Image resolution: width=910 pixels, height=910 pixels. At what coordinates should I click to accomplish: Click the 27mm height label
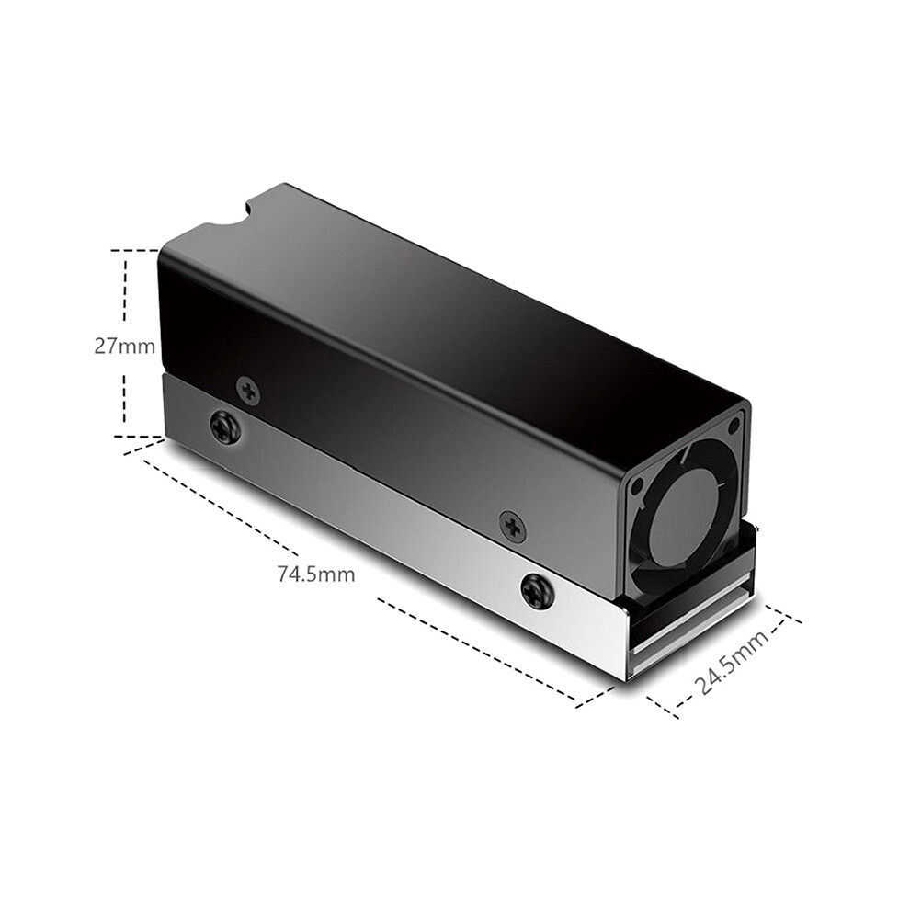(125, 347)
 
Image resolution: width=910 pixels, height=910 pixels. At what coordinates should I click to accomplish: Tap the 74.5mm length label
(315, 574)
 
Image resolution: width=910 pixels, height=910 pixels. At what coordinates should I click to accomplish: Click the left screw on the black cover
(249, 388)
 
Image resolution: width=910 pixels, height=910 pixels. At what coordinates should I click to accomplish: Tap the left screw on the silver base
(225, 427)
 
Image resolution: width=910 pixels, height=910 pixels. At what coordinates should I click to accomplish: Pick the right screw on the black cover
(512, 527)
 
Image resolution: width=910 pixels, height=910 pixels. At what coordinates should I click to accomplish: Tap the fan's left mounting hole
(639, 486)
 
